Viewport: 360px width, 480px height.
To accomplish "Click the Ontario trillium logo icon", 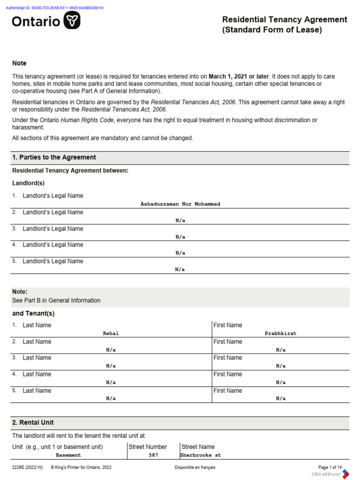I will [72, 21].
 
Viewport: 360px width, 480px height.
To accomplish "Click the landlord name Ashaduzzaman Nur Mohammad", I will [180, 204].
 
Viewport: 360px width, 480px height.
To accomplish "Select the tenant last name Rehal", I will [111, 333].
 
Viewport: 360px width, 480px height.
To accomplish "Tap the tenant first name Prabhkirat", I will [280, 333].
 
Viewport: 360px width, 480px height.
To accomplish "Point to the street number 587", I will [153, 455].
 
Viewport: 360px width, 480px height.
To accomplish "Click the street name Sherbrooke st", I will [201, 455].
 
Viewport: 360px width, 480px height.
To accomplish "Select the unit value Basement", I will [68, 455].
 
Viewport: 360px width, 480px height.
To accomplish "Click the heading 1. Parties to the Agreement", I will [54, 157].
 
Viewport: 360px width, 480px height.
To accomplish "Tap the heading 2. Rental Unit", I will [33, 422].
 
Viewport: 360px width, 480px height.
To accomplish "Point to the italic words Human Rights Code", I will [88, 120].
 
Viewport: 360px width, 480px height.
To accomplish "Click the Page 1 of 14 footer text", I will [330, 467].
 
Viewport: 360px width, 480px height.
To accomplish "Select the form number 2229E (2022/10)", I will [29, 467].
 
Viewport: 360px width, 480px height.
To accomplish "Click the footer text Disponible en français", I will [195, 467].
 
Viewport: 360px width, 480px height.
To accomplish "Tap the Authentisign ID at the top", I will [55, 8].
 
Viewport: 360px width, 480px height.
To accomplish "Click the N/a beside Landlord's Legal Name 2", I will [180, 220].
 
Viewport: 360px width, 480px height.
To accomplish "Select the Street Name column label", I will [198, 447].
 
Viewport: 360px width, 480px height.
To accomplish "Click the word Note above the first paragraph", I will [19, 63].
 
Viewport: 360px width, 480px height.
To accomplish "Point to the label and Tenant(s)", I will [33, 313].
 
